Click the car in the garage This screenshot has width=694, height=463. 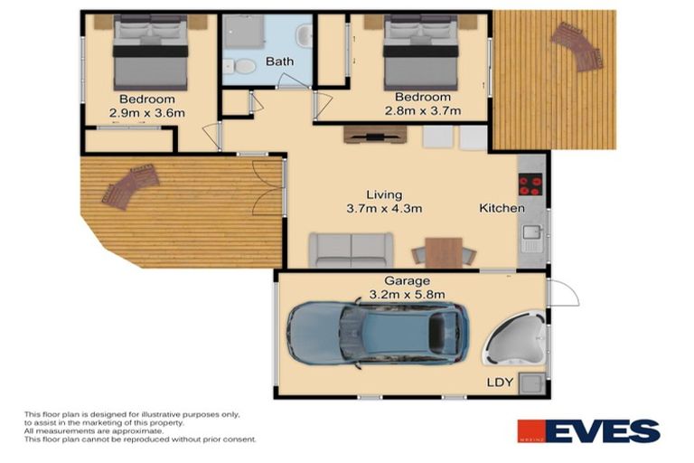point(378,332)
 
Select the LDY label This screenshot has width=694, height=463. point(500,383)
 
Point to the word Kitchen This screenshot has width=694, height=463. point(502,208)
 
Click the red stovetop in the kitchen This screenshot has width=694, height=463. point(530,184)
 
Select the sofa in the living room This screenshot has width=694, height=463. point(352,250)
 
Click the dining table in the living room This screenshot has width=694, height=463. point(443,251)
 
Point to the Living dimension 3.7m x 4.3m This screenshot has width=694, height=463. point(384,208)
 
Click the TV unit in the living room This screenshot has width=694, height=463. point(375,135)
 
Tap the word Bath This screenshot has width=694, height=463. point(279,62)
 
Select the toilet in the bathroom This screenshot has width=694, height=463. point(243,66)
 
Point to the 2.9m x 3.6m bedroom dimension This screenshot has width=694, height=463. point(147,113)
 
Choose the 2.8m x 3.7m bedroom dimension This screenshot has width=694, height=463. point(422,111)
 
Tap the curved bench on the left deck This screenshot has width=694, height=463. point(131,186)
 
